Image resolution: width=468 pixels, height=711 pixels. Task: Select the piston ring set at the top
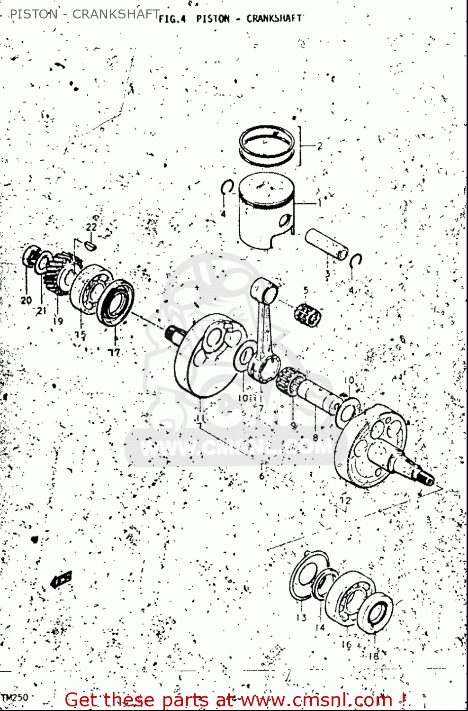click(x=267, y=145)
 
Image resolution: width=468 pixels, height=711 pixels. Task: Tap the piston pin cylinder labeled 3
click(x=327, y=244)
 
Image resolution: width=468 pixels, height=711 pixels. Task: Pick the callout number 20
click(x=26, y=300)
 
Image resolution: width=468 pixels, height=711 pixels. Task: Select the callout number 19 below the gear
click(x=58, y=321)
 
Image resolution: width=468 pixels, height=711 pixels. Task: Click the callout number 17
click(x=115, y=352)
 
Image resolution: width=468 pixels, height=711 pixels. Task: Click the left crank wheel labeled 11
click(x=204, y=360)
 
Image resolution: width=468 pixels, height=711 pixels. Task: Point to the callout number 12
click(x=345, y=500)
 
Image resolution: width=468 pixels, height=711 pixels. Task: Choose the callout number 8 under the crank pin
click(x=315, y=438)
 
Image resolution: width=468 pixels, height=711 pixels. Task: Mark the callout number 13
click(x=301, y=617)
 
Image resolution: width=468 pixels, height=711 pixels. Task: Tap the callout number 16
click(x=346, y=645)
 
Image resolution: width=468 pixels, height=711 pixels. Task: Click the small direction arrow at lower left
click(x=61, y=579)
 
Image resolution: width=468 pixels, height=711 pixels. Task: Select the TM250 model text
click(x=14, y=697)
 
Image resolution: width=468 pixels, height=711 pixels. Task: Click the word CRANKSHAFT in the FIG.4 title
click(x=274, y=18)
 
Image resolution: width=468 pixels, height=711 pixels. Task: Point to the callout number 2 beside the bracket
click(x=320, y=146)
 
